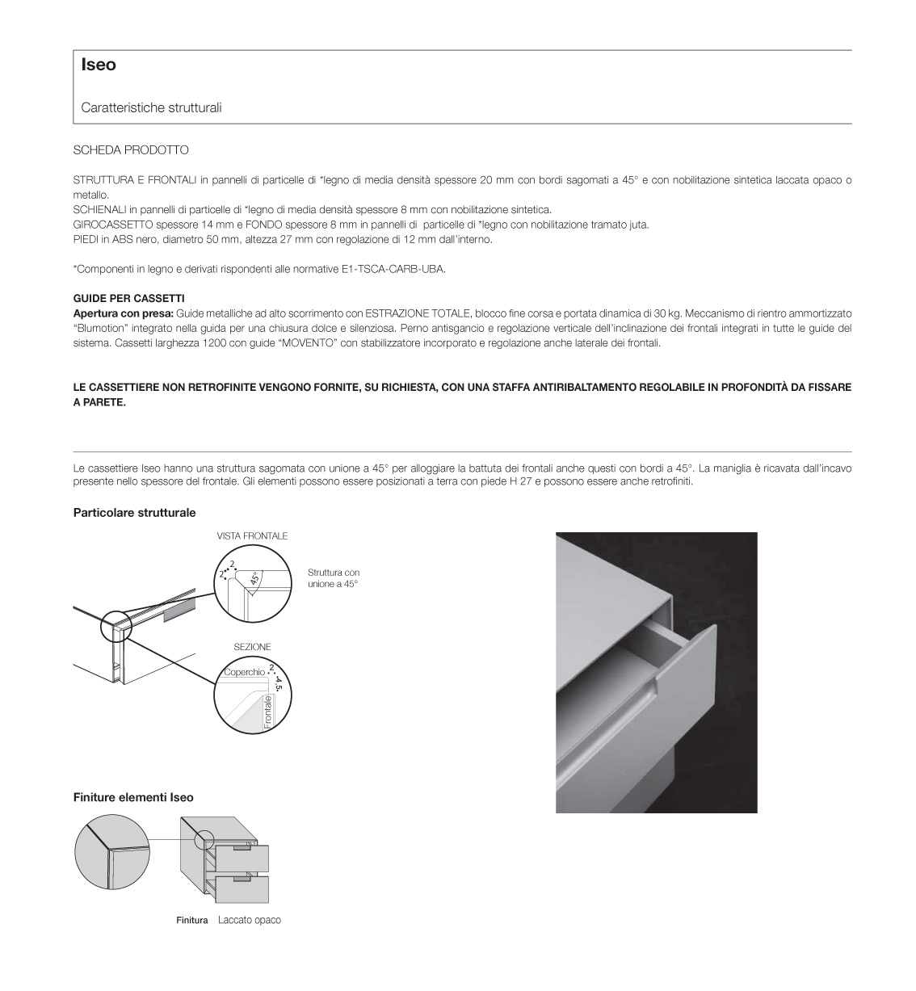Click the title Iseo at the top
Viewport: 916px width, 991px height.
pos(99,65)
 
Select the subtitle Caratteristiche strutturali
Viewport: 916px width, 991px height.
pos(151,107)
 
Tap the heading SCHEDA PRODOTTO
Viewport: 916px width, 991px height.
pos(131,150)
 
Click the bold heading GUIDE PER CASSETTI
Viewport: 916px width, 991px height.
pos(128,298)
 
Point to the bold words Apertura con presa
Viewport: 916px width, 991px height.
pos(124,313)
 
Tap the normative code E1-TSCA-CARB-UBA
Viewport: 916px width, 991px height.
pos(393,269)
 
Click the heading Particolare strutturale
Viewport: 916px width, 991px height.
pos(134,513)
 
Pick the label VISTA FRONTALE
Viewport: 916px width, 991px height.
pos(252,536)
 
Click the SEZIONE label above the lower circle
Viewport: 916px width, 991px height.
pos(252,647)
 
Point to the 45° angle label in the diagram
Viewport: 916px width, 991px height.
pos(255,578)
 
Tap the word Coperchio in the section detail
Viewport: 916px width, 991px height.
pos(244,672)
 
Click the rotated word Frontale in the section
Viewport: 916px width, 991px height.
pos(268,712)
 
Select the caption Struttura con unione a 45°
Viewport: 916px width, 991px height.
pos(334,577)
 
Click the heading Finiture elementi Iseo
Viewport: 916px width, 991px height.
pos(133,797)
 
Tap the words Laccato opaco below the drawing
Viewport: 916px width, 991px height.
pos(250,920)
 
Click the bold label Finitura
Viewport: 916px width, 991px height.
pos(192,920)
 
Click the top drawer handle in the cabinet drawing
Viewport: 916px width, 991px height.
pos(242,848)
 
